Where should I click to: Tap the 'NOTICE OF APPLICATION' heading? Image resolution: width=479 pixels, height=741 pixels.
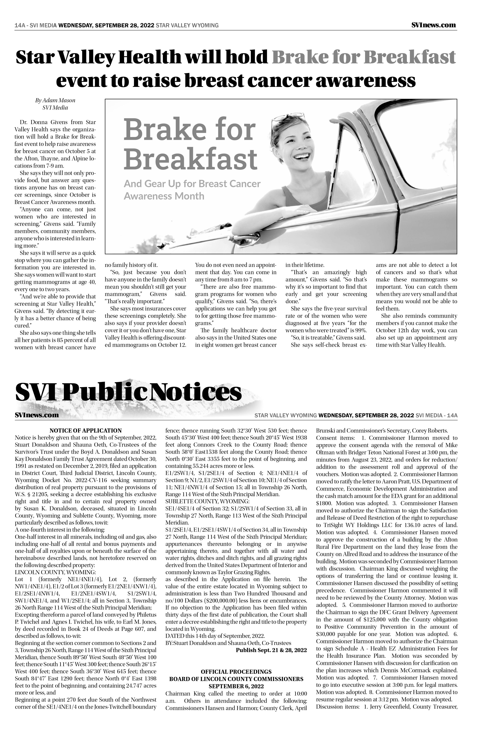point(85,431)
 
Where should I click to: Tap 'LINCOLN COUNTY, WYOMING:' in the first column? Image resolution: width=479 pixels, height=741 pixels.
point(55,572)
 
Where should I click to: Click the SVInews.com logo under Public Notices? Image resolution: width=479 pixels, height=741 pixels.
point(37,415)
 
